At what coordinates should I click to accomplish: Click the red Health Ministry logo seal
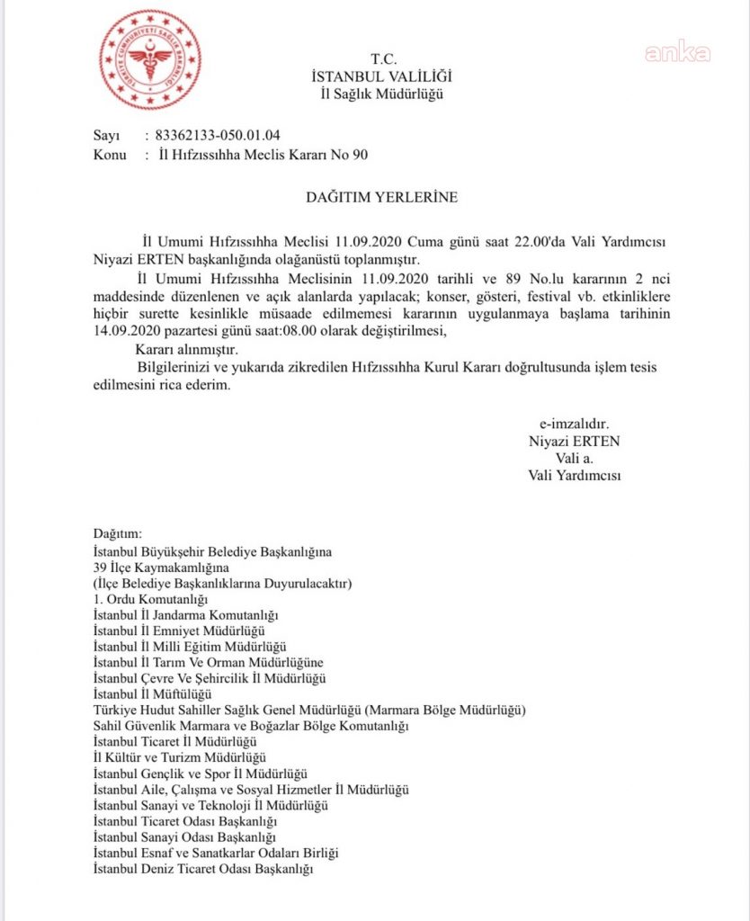tap(150, 59)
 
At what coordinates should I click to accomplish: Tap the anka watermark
tap(677, 52)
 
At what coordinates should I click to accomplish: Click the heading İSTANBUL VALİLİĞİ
tap(381, 77)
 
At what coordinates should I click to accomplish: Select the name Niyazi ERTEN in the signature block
tap(575, 442)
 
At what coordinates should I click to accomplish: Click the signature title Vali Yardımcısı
tap(575, 475)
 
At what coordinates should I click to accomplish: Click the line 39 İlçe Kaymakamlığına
tap(161, 568)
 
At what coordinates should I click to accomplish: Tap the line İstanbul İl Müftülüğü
tap(152, 693)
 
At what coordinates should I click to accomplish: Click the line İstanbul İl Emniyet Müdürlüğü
tap(179, 630)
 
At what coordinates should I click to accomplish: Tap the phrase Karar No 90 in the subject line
tap(326, 155)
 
